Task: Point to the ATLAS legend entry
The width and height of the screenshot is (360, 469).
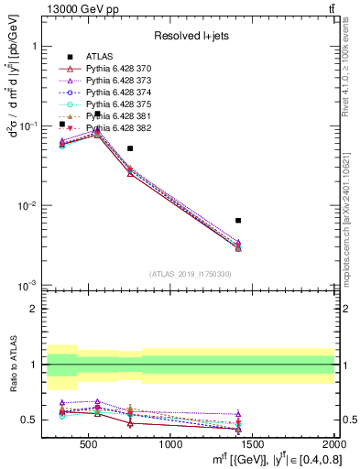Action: click(98, 57)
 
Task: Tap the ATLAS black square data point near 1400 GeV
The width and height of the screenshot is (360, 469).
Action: click(238, 221)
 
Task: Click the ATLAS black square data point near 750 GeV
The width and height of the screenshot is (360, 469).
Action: click(130, 148)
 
